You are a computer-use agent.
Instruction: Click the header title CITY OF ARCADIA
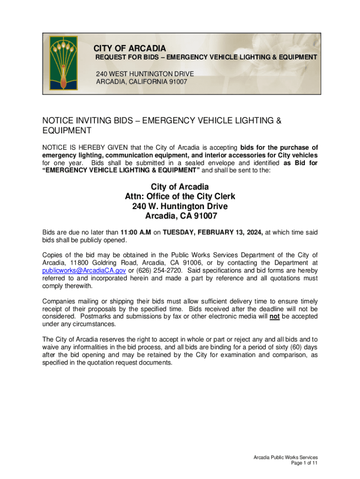[130, 49]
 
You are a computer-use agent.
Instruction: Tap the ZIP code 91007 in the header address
[178, 81]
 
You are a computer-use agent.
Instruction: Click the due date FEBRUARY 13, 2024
[232, 232]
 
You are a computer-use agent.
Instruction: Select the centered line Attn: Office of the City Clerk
[180, 196]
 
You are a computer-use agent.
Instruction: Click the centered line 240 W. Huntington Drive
[180, 206]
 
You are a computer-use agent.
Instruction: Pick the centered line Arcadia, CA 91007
[180, 217]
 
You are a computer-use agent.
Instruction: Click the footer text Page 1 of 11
[304, 463]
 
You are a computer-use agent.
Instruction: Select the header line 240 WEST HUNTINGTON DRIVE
[145, 74]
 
